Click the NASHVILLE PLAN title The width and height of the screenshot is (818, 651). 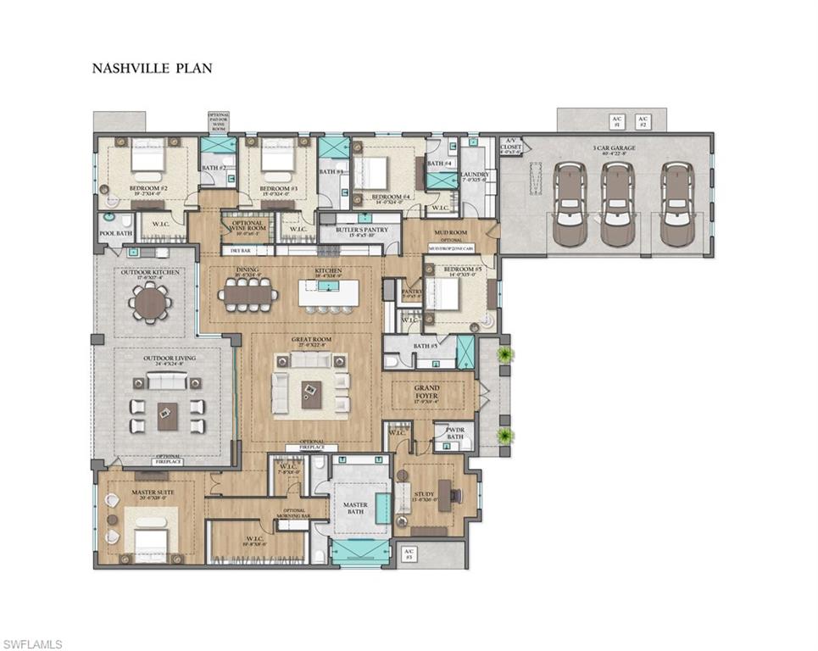(x=152, y=69)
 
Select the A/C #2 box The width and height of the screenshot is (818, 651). (x=643, y=120)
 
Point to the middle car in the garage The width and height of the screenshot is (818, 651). (x=619, y=205)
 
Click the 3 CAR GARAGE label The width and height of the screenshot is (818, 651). (x=615, y=150)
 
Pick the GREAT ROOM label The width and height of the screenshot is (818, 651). (x=311, y=341)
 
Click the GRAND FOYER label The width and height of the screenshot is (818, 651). (x=426, y=393)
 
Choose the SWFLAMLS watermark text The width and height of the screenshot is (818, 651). (x=31, y=644)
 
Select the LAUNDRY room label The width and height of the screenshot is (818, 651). (x=474, y=175)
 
